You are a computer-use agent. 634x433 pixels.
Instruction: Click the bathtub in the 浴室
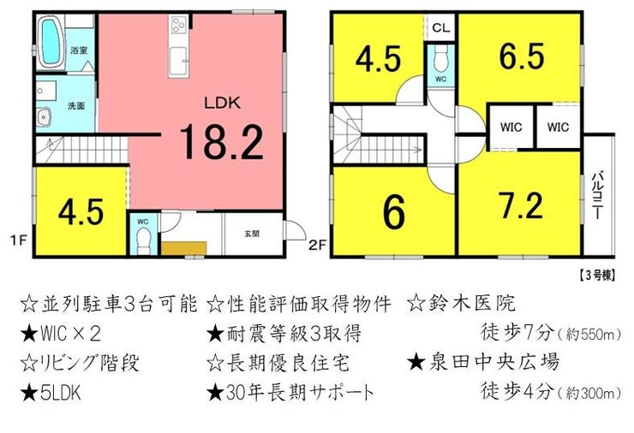pos(51,43)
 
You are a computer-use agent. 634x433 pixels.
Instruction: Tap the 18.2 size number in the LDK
pos(222,142)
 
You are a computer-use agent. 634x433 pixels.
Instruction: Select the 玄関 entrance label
pos(252,234)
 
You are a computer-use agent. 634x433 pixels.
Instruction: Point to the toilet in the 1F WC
pos(143,240)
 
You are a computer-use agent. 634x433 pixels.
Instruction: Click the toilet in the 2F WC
pos(440,57)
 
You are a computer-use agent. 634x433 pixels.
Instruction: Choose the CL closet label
pos(440,27)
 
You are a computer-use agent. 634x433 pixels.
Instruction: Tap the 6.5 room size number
pos(522,56)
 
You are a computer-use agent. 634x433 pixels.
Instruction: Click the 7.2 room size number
pos(521,205)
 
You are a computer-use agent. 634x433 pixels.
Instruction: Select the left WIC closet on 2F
pos(511,127)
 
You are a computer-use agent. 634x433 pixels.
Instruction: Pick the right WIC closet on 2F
pos(559,127)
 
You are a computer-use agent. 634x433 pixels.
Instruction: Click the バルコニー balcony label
pos(598,195)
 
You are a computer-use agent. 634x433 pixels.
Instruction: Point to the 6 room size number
pos(394,211)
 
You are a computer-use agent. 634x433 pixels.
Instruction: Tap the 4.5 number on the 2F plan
pos(379,59)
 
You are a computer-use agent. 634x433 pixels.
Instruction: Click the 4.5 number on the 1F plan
pos(81,211)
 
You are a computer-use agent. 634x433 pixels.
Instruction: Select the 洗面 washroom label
pos(76,106)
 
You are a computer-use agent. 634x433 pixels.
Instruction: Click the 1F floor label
pos(18,240)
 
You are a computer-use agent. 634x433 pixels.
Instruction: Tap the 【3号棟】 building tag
pos(596,276)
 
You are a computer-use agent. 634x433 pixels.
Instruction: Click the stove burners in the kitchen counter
pos(179,26)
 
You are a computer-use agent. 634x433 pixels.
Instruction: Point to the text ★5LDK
pos(51,393)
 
